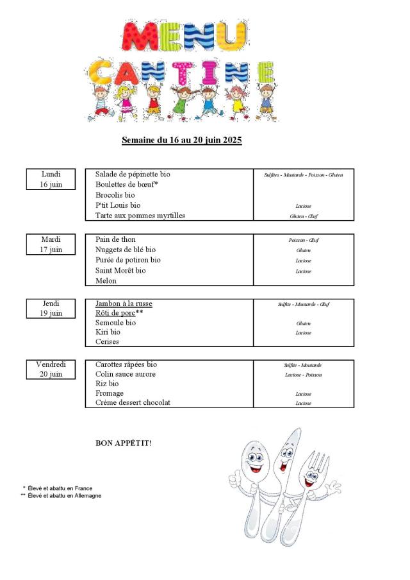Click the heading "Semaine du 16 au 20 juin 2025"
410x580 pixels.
click(x=182, y=140)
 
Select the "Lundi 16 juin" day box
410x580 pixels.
click(x=51, y=179)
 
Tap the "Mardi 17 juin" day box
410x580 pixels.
click(x=51, y=244)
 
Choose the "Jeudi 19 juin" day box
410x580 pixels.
click(x=51, y=308)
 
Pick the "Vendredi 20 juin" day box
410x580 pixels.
click(x=51, y=369)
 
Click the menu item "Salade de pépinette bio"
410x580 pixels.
click(x=133, y=175)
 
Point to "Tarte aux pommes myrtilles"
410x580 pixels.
click(x=140, y=216)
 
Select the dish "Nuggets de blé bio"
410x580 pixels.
click(x=126, y=250)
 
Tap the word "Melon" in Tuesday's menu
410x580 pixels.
click(x=106, y=281)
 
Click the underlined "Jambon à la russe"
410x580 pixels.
click(x=124, y=303)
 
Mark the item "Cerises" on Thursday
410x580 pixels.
click(x=108, y=342)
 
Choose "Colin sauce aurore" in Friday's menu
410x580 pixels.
click(x=126, y=374)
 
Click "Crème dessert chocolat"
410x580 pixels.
click(x=133, y=403)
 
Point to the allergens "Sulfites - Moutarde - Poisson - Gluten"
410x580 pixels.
click(x=303, y=175)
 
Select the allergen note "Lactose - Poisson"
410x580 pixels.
click(x=303, y=375)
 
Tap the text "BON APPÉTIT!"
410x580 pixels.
click(x=124, y=443)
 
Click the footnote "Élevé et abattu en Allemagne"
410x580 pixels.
click(x=64, y=496)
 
